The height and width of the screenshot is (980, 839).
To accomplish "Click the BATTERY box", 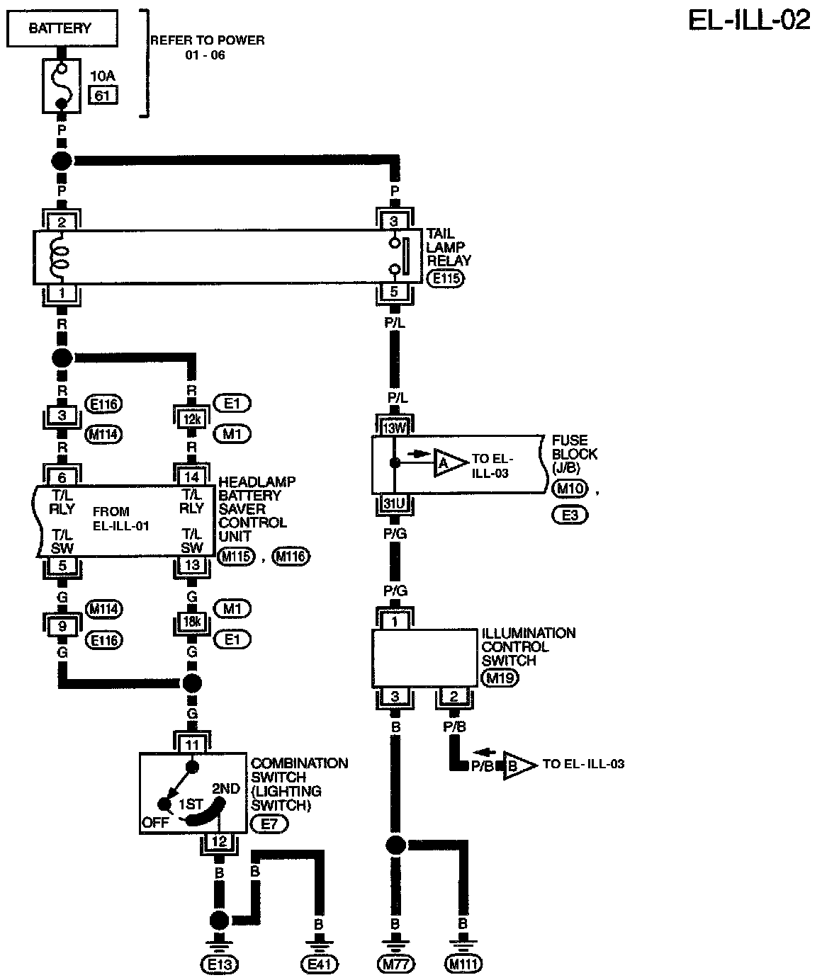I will point(60,29).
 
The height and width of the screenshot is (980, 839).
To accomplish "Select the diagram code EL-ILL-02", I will point(749,21).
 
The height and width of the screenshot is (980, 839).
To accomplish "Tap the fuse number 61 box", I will point(103,95).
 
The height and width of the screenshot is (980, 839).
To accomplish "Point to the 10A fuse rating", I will point(103,74).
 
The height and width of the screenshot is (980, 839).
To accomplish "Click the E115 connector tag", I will point(446,278).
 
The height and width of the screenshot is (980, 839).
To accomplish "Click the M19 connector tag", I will point(500,678).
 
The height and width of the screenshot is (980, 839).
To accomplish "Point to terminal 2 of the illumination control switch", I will point(454,697).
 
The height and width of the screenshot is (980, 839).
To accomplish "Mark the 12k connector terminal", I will point(191,419).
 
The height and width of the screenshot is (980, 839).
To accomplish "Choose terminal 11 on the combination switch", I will point(191,743).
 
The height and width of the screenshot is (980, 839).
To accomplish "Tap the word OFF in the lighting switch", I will point(155,823).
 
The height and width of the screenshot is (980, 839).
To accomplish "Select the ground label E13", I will point(219,963).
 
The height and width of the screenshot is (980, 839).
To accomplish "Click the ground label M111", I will point(463,963).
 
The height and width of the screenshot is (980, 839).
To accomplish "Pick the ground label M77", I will point(395,963).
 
